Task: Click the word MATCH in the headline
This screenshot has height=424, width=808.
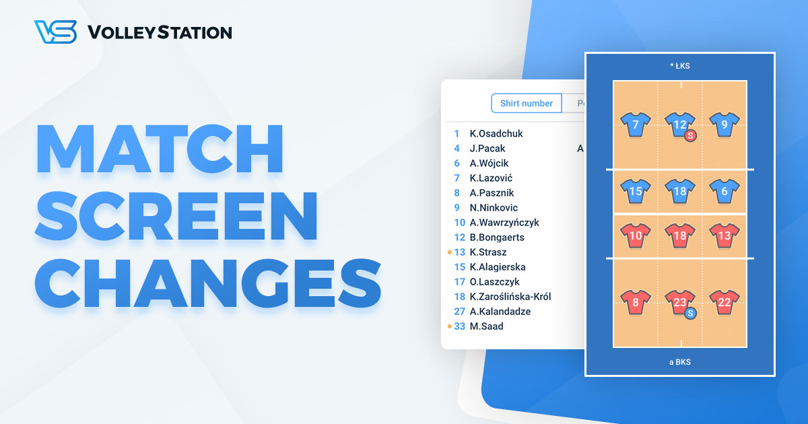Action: pyautogui.click(x=160, y=147)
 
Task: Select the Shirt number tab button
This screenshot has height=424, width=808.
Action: pyautogui.click(x=527, y=103)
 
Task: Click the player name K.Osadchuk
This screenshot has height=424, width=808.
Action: pyautogui.click(x=496, y=133)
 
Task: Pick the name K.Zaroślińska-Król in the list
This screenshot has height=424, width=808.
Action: pyautogui.click(x=511, y=296)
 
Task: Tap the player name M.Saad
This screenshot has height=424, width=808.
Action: pyautogui.click(x=486, y=326)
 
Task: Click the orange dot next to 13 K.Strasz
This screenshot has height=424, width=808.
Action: pyautogui.click(x=450, y=252)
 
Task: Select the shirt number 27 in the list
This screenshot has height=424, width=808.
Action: pyautogui.click(x=459, y=311)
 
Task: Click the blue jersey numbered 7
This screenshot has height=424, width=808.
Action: pyautogui.click(x=636, y=125)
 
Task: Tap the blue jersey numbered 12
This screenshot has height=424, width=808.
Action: pyautogui.click(x=679, y=124)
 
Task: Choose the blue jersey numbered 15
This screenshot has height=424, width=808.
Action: pyautogui.click(x=636, y=191)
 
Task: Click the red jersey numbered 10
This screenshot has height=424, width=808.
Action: pyautogui.click(x=636, y=236)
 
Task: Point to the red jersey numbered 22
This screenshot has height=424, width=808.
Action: pyautogui.click(x=724, y=303)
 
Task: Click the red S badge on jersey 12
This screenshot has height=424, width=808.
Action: pyautogui.click(x=690, y=135)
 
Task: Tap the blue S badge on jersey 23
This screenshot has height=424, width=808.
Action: pyautogui.click(x=690, y=313)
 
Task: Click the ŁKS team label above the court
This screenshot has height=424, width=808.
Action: pyautogui.click(x=680, y=66)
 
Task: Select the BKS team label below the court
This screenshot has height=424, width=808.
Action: pyautogui.click(x=680, y=362)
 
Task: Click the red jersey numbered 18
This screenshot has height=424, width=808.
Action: pyautogui.click(x=680, y=236)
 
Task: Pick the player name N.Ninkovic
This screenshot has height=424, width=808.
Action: pyautogui.click(x=494, y=207)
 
